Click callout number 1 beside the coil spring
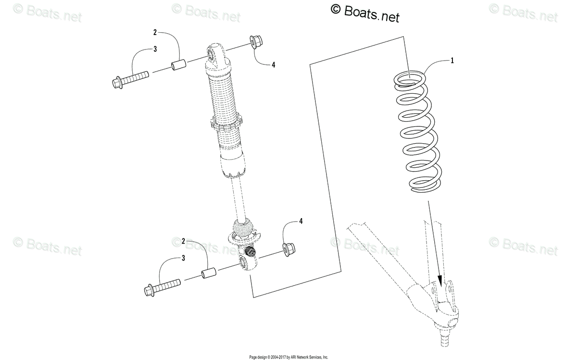tap(452, 61)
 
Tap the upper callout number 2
tap(155, 33)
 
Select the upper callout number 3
tap(155, 49)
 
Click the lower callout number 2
tap(183, 240)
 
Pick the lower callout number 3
tap(183, 258)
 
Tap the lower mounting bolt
tap(161, 286)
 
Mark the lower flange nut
tap(288, 248)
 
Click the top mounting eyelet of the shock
tap(213, 54)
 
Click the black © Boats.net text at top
tap(365, 13)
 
